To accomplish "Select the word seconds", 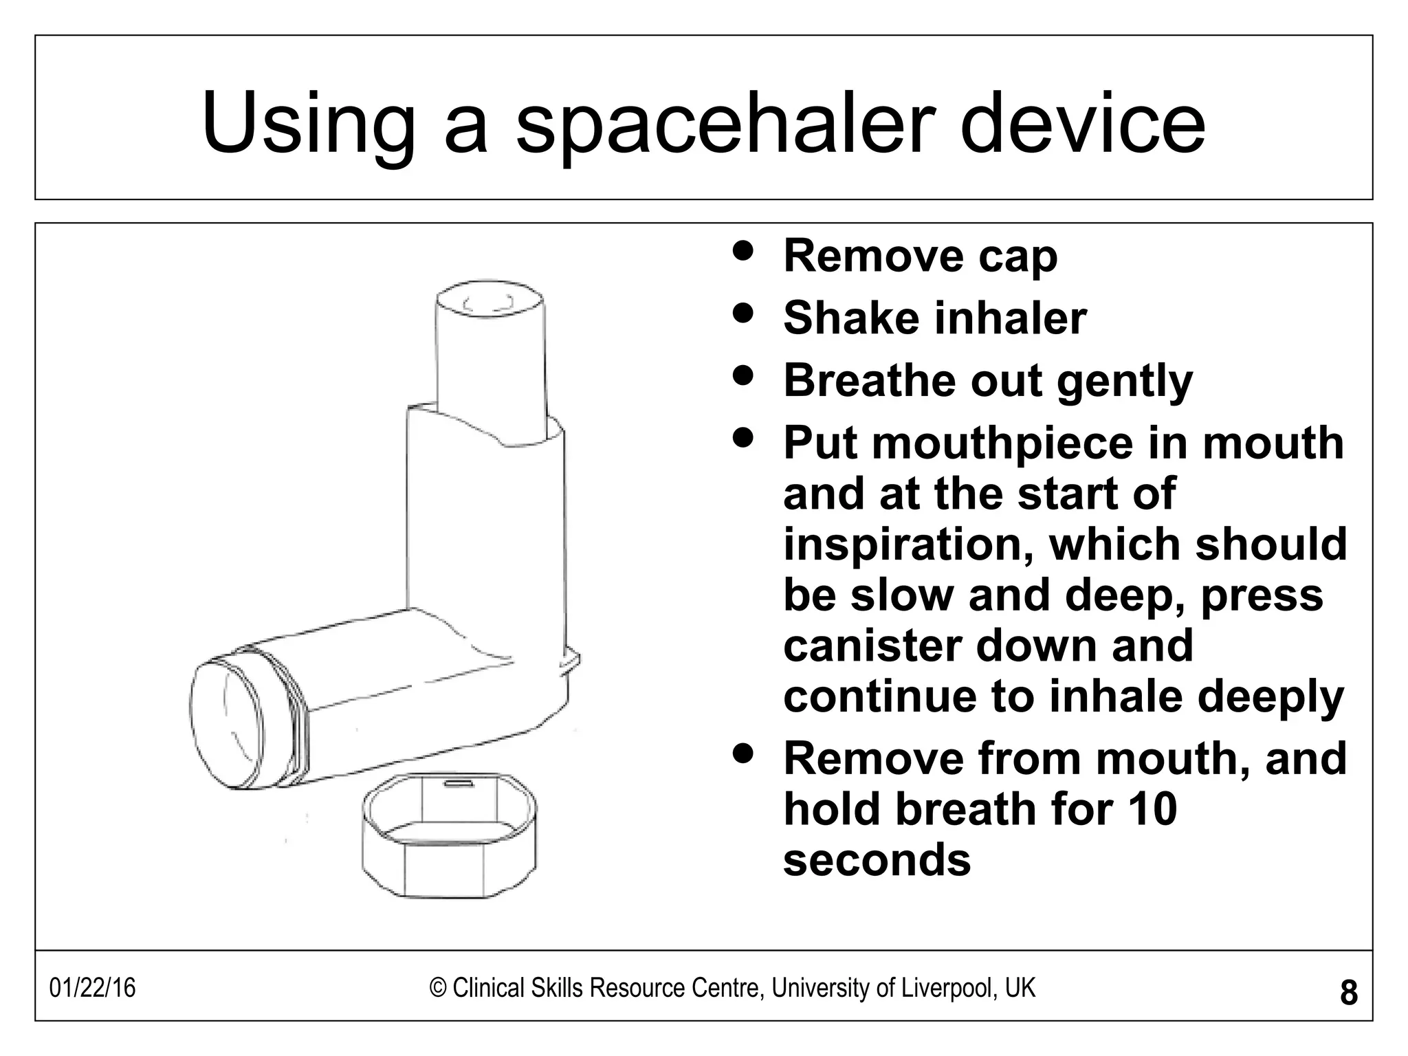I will pyautogui.click(x=877, y=860).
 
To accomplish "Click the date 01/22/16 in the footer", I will pyautogui.click(x=92, y=989).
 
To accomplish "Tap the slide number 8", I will pyautogui.click(x=1349, y=993).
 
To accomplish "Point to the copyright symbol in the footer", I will pyautogui.click(x=438, y=989).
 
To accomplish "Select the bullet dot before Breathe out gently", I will pyautogui.click(x=742, y=375).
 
